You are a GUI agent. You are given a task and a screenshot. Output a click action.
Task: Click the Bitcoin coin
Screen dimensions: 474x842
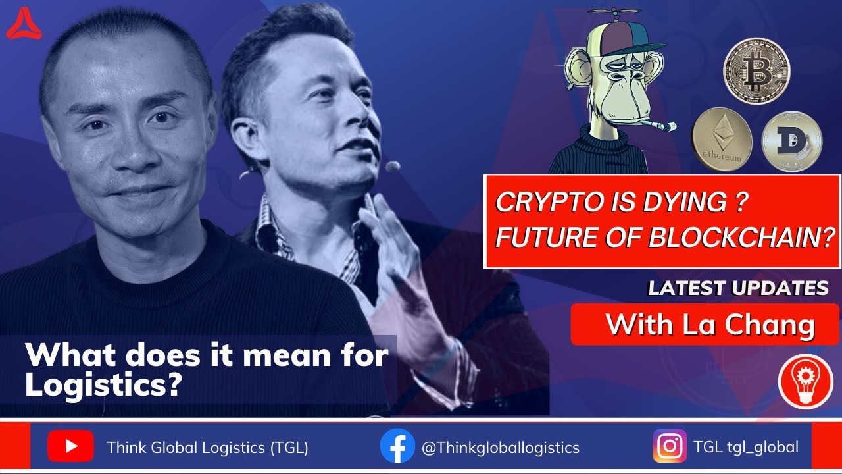click(x=756, y=70)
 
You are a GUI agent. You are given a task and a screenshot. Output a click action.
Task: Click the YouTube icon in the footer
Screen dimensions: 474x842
click(x=70, y=447)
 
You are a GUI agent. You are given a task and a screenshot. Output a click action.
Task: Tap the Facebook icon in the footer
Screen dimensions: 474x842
click(x=397, y=446)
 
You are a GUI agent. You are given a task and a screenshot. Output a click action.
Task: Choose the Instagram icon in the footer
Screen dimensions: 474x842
click(x=670, y=446)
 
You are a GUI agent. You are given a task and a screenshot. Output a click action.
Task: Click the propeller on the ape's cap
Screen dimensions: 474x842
click(x=614, y=13)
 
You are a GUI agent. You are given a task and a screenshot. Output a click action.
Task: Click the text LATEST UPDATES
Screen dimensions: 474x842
click(x=738, y=288)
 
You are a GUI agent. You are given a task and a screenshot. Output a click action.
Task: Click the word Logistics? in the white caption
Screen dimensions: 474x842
click(x=103, y=385)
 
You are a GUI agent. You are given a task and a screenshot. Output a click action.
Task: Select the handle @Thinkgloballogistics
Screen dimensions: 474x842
click(x=500, y=448)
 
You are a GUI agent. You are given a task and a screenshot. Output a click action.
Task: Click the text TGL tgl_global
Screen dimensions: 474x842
click(x=745, y=448)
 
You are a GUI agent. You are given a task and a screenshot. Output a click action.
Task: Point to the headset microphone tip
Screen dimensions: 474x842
click(x=393, y=167)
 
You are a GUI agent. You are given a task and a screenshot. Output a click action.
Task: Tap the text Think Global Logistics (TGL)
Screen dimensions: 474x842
click(x=207, y=448)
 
